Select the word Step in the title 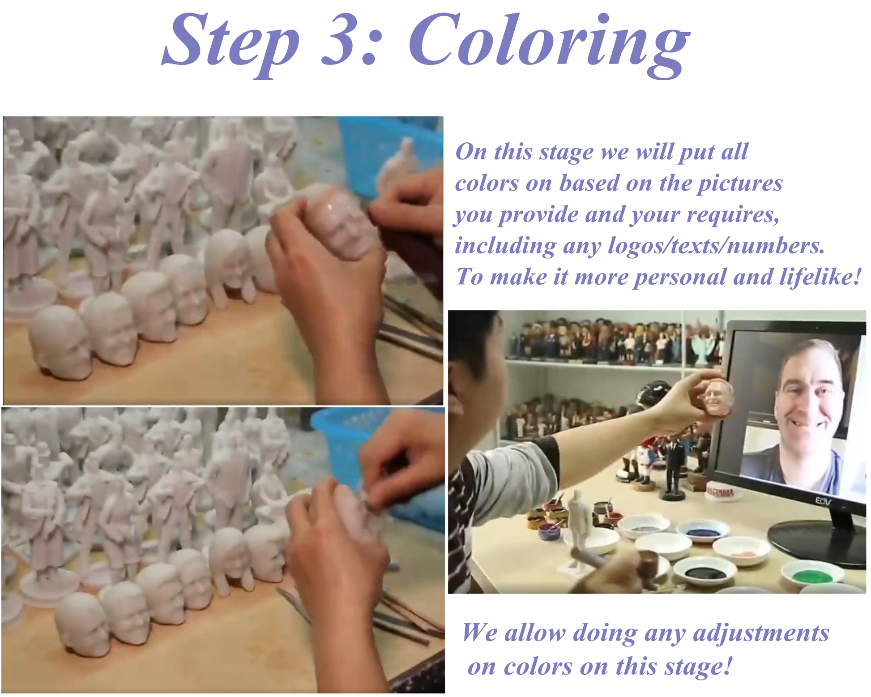(230, 45)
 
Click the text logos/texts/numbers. (716, 246)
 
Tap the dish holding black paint (704, 571)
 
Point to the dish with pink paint (741, 551)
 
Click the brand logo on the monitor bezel (823, 501)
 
